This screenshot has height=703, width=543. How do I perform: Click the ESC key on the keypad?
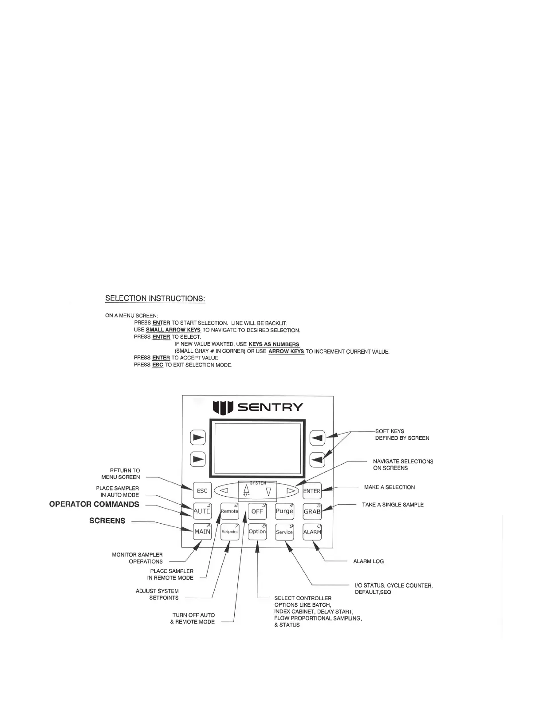coord(202,490)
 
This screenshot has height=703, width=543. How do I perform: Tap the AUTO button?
coord(202,511)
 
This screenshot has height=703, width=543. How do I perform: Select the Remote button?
coord(229,511)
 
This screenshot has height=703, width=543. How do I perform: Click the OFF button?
coord(257,511)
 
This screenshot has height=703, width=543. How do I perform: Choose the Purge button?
coord(284,511)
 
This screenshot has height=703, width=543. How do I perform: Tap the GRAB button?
coord(312,511)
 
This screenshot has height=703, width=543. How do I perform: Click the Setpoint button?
coord(229,532)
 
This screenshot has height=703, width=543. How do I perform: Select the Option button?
coord(257,532)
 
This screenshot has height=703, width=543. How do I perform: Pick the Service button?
coord(284,532)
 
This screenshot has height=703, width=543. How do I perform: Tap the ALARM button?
coord(312,532)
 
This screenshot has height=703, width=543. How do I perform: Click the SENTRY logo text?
coord(271,407)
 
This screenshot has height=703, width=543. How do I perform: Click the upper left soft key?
coord(198,438)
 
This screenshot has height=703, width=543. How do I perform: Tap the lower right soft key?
coord(317,459)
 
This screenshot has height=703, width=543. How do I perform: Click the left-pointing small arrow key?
coord(224,491)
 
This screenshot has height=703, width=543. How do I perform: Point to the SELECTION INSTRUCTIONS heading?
coord(155,298)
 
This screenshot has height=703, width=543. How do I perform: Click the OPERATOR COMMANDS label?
coord(94,504)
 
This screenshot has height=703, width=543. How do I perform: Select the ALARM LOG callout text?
coord(368,561)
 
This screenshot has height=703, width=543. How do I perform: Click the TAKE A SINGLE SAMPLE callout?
coord(393,505)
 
